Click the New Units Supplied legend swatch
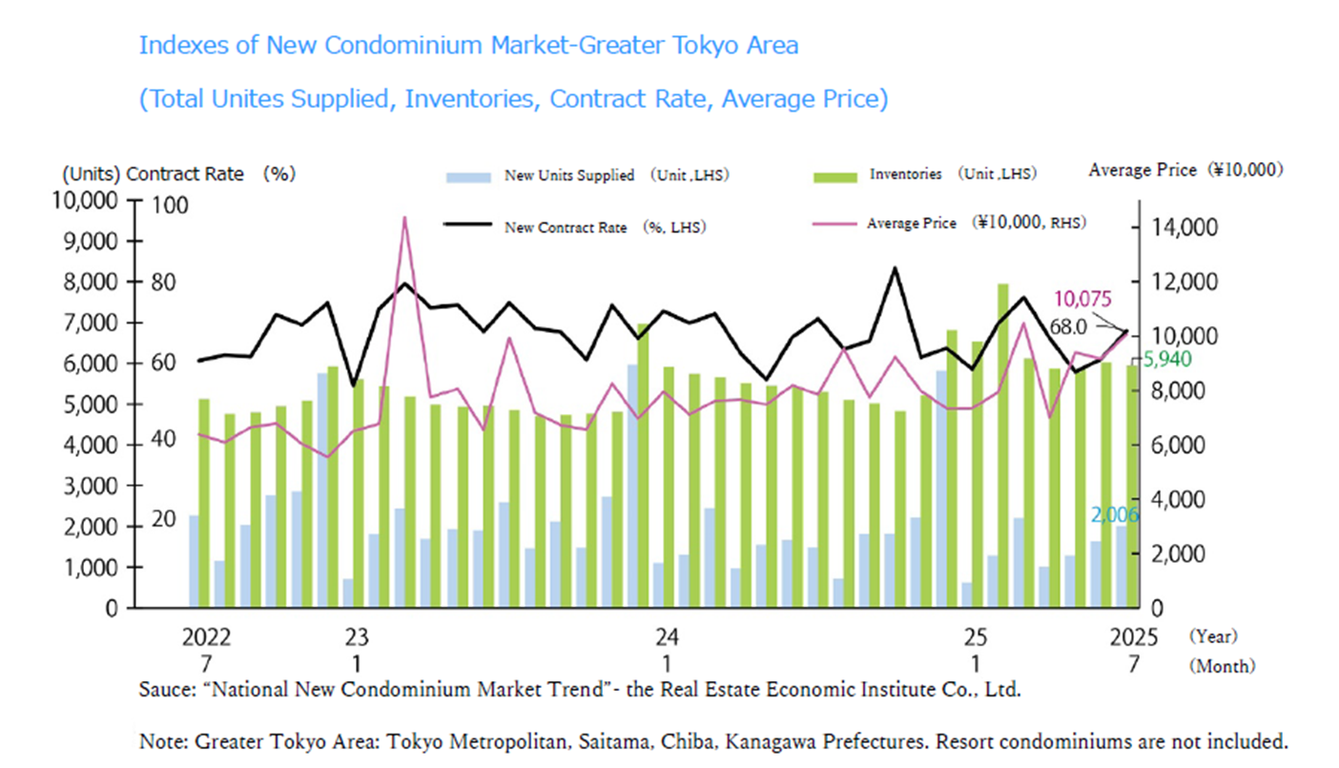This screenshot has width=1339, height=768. tap(468, 176)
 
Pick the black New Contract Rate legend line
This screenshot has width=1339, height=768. tap(468, 226)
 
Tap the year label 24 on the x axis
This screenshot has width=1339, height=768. tap(666, 636)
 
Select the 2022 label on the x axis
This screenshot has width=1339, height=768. tap(206, 636)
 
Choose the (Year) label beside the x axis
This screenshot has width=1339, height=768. tap(1212, 636)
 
